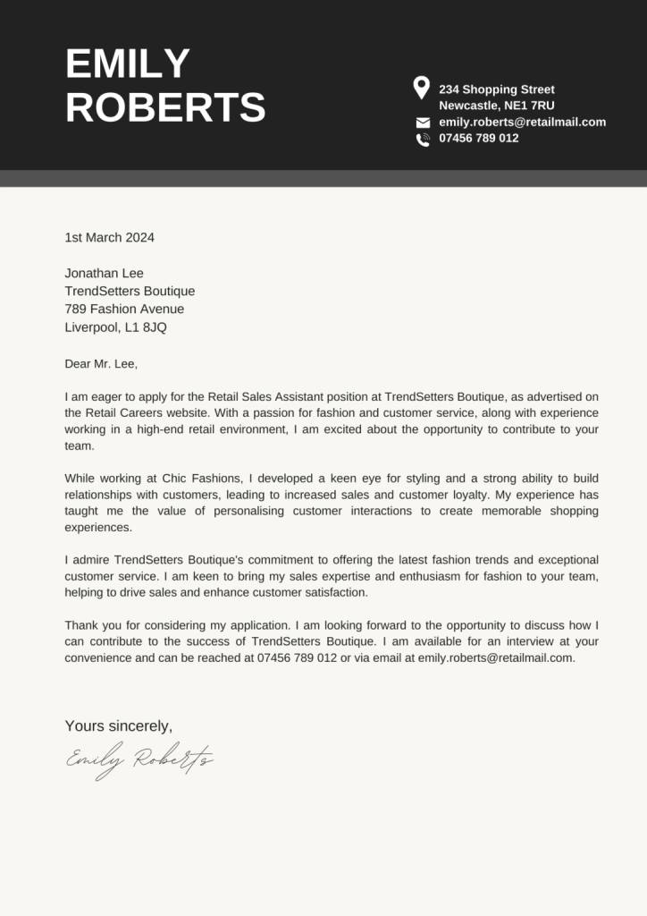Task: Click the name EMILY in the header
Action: point(128,64)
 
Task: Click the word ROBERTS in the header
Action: point(165,107)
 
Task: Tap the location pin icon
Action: point(421,88)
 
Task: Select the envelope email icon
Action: point(423,123)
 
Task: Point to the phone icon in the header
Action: point(423,139)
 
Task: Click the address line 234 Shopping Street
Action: point(496,89)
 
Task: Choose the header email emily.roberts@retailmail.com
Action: point(522,122)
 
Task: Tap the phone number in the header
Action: point(478,138)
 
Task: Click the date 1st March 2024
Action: point(109,237)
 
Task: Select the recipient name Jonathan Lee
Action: point(104,273)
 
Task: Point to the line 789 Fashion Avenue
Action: point(124,309)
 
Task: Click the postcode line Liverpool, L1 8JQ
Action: point(115,327)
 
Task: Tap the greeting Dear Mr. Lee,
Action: point(101,363)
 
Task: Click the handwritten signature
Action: point(139,759)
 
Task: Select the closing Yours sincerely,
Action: point(118,725)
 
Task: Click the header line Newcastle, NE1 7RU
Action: point(496,106)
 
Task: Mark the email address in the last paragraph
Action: point(496,657)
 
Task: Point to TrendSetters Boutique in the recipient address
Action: point(130,291)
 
